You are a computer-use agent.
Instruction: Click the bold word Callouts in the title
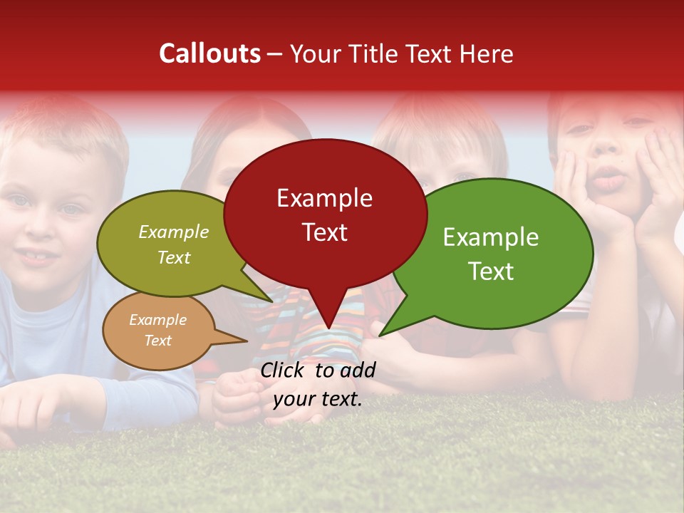[x=209, y=53]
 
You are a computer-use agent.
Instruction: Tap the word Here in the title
[x=487, y=53]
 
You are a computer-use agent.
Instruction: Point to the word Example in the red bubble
[x=324, y=198]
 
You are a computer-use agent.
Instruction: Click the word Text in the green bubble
[x=491, y=271]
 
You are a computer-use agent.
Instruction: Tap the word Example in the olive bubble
[x=173, y=232]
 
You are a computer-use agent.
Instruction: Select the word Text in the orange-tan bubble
[x=157, y=341]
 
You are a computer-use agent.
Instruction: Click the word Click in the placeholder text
[x=284, y=370]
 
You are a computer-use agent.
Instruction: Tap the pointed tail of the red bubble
[x=328, y=327]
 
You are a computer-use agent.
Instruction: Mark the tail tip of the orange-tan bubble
[x=247, y=341]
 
